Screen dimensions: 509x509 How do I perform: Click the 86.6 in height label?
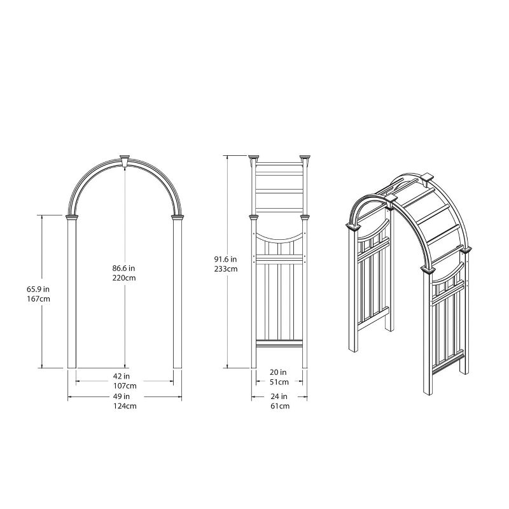tap(125, 268)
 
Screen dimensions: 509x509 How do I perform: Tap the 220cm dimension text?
tap(125, 278)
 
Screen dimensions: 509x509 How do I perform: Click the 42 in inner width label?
tap(125, 376)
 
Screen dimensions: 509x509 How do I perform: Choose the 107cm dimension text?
tap(125, 386)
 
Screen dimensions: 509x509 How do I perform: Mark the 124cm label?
tap(125, 405)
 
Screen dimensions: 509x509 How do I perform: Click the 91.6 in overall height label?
tap(225, 259)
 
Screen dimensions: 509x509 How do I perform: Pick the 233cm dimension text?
tap(225, 268)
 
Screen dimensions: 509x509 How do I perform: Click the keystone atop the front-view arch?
tap(125, 159)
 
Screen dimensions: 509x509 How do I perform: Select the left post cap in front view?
tap(72, 219)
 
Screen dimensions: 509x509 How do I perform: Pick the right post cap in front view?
tap(178, 219)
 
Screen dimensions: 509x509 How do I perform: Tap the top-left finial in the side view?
tap(254, 157)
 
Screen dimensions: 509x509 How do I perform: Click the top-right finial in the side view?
tap(304, 157)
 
